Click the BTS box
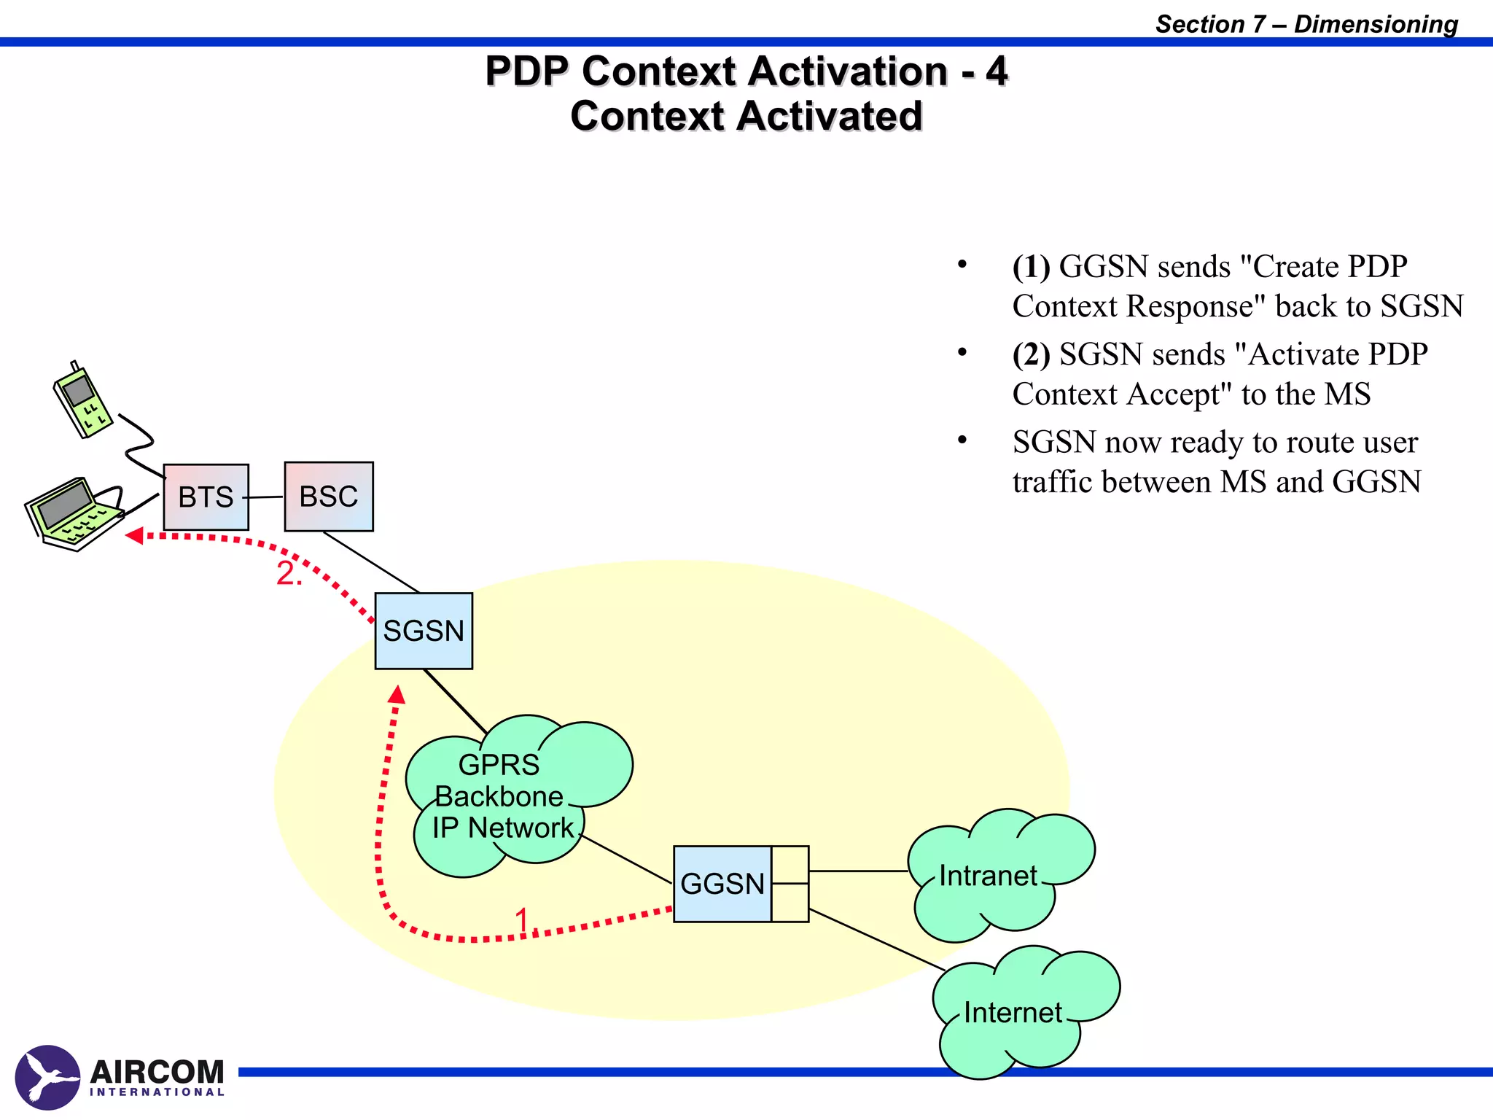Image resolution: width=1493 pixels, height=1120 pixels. click(206, 497)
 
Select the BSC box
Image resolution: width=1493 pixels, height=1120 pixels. click(329, 497)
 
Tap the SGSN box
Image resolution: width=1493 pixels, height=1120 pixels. click(424, 631)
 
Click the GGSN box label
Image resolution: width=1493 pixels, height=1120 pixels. click(722, 884)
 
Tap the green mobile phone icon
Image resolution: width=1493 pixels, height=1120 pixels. click(82, 400)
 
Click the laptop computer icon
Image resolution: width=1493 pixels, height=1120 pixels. click(73, 514)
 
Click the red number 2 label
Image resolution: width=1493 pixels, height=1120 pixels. click(287, 574)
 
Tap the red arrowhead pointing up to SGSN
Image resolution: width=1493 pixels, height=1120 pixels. click(397, 694)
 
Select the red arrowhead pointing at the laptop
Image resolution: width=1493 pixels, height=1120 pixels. click(134, 536)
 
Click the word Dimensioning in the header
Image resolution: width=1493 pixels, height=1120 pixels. click(1376, 24)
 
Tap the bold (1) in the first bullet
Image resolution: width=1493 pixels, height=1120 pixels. click(1031, 267)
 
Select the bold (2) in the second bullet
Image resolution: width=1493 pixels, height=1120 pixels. click(1031, 354)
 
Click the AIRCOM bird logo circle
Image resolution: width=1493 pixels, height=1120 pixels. click(47, 1078)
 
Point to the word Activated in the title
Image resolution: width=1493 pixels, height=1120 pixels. click(830, 116)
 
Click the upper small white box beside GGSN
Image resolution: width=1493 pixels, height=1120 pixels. click(790, 865)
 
